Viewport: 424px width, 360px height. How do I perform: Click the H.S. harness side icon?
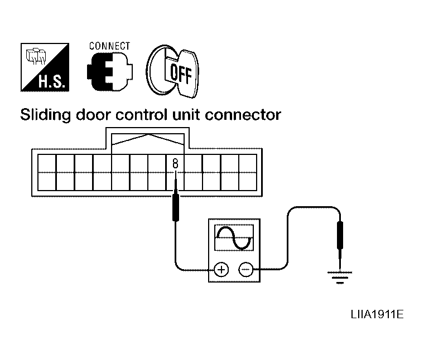click(45, 67)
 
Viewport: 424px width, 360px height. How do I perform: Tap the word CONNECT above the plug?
click(109, 46)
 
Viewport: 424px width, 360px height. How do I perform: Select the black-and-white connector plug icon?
click(109, 72)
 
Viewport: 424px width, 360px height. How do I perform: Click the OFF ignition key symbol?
click(172, 71)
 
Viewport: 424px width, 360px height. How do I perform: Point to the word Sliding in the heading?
click(45, 115)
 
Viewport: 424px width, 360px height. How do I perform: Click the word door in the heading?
click(93, 115)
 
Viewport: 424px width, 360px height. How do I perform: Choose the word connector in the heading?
click(243, 115)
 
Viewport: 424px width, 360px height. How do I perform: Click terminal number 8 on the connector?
click(175, 163)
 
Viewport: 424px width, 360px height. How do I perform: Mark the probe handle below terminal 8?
click(176, 205)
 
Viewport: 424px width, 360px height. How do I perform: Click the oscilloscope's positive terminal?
click(221, 270)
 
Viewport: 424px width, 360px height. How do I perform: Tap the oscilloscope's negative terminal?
click(246, 270)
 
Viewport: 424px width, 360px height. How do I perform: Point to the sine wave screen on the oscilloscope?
click(234, 237)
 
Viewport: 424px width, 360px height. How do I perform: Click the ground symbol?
click(340, 278)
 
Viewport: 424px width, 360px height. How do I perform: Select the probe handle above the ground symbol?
click(340, 235)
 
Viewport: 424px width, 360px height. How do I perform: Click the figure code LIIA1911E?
click(377, 314)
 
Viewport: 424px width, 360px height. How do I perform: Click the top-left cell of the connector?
click(47, 163)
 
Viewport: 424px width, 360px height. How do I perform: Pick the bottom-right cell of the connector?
click(248, 182)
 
